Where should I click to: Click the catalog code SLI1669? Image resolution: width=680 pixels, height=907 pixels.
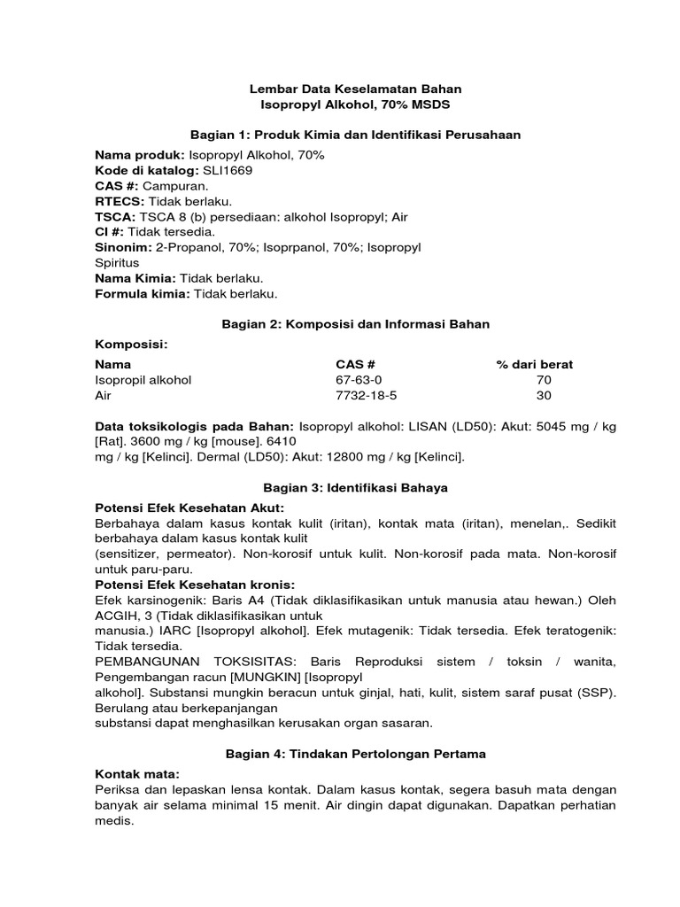228,170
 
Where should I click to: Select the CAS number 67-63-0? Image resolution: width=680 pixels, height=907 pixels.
356,380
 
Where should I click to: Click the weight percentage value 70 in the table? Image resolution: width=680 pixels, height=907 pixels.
544,380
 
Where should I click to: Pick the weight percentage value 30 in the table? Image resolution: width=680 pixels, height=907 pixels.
544,396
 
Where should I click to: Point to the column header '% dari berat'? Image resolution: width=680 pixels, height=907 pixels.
534,364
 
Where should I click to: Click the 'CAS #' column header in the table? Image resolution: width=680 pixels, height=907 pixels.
356,364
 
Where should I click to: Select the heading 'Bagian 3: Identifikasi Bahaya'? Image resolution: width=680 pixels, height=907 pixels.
356,487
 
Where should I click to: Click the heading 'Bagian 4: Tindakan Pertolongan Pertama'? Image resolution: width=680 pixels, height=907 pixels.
356,753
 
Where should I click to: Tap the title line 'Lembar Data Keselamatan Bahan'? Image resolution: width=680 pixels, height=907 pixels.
356,89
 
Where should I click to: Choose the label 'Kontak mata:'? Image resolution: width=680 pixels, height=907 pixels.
136,774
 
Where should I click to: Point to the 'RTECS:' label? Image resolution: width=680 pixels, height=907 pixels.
119,201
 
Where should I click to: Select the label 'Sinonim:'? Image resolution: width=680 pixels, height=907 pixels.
123,247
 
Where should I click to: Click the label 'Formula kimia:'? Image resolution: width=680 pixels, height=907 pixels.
143,294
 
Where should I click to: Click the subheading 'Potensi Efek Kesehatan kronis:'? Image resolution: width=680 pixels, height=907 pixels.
195,585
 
